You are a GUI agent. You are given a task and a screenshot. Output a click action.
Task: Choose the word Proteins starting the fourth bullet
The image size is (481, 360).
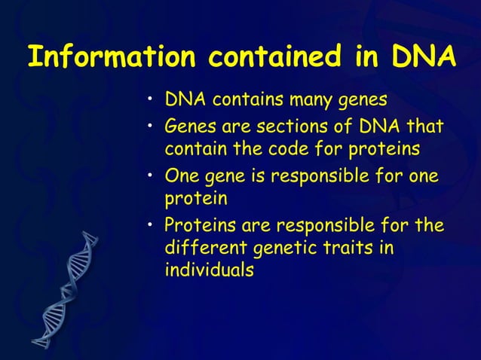[x=197, y=226]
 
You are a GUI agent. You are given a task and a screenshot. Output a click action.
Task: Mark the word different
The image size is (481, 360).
[x=207, y=248]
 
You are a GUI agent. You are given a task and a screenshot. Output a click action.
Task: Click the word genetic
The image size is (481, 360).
[x=290, y=248]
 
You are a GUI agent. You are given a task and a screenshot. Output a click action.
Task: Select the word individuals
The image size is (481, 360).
[x=209, y=270]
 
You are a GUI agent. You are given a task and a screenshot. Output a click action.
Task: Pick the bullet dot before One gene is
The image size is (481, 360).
[x=151, y=177]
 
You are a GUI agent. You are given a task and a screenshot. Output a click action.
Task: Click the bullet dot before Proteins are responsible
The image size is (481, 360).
[x=151, y=225]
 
